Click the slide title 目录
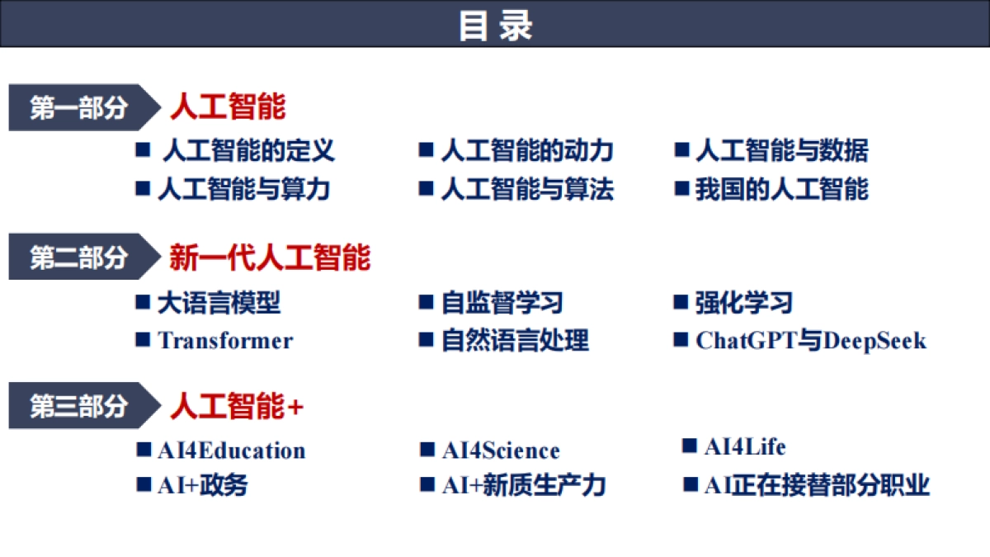(x=495, y=25)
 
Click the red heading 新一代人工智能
(x=270, y=257)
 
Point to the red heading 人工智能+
(x=237, y=406)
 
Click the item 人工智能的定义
(x=247, y=151)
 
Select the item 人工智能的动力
(x=526, y=151)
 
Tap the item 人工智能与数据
(x=781, y=151)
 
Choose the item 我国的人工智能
(x=781, y=189)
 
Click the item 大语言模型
(x=219, y=303)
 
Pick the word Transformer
(x=225, y=341)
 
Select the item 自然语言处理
(x=515, y=341)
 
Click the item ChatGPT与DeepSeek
(x=811, y=341)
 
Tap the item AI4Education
(x=231, y=451)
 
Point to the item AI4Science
(x=500, y=451)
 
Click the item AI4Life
(x=745, y=447)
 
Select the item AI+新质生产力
(x=523, y=485)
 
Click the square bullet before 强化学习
(x=681, y=301)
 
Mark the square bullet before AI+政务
(x=144, y=484)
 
